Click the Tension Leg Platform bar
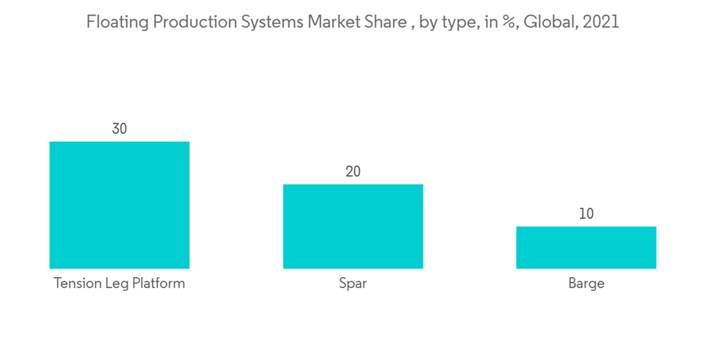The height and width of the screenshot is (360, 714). [119, 205]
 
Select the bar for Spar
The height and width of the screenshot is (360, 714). [353, 226]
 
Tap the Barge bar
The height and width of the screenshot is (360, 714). [586, 247]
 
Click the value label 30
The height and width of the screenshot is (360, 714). [119, 129]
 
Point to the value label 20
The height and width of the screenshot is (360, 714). [353, 172]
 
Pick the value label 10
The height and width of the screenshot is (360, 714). [586, 214]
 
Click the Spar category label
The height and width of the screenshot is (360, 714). [353, 284]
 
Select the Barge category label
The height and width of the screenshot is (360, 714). [586, 284]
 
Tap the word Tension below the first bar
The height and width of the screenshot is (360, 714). [76, 284]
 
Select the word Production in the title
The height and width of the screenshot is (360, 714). [188, 22]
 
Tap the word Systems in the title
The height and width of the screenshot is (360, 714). [272, 23]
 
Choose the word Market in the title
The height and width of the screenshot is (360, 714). [336, 22]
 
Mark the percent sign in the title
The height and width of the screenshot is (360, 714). [508, 23]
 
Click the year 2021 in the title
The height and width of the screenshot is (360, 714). [601, 22]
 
